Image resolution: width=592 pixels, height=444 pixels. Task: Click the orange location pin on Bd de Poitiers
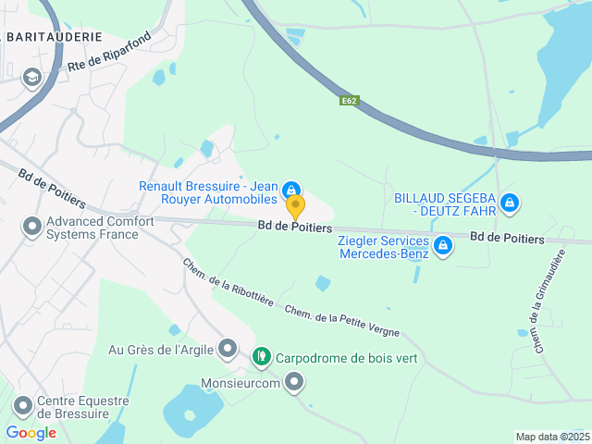point(295,206)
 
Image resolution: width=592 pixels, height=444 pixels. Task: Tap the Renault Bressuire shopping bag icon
point(291,188)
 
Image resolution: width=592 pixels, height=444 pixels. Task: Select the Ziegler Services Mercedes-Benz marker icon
point(443,245)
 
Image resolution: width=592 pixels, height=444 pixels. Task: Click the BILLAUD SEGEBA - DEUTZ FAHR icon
point(508,202)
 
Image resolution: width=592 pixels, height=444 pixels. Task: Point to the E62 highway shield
point(349,100)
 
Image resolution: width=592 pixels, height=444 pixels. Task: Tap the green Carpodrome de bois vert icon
point(262,354)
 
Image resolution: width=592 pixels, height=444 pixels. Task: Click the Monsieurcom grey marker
point(294,380)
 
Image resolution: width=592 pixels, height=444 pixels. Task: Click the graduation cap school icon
point(32,78)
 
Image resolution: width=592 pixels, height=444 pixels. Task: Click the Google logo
point(31,432)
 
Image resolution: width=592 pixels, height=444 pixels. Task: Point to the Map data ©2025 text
point(551,437)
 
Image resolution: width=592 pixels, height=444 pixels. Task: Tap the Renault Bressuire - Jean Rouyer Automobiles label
point(208,191)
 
